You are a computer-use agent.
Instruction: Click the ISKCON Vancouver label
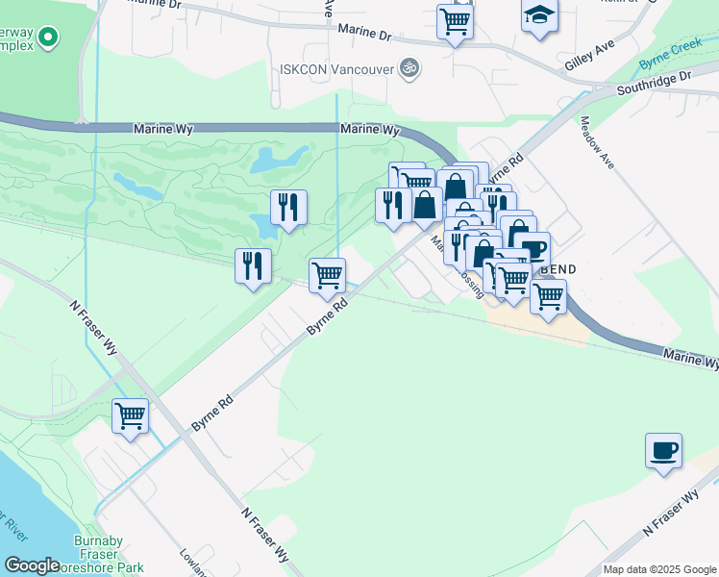pyautogui.click(x=335, y=68)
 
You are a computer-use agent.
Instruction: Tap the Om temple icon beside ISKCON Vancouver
pyautogui.click(x=410, y=68)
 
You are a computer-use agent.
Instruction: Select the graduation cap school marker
pyautogui.click(x=539, y=16)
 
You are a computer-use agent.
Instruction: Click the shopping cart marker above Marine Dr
pyautogui.click(x=455, y=21)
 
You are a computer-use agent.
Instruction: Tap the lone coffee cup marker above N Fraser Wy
pyautogui.click(x=663, y=450)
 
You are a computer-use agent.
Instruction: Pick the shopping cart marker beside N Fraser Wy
pyautogui.click(x=130, y=416)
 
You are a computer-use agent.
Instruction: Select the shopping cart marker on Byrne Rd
pyautogui.click(x=328, y=275)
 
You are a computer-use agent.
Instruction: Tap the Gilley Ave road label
pyautogui.click(x=589, y=60)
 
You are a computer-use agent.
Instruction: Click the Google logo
pyautogui.click(x=33, y=565)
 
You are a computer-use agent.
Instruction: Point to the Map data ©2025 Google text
pyautogui.click(x=659, y=569)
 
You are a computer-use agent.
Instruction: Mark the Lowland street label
pyautogui.click(x=193, y=564)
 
